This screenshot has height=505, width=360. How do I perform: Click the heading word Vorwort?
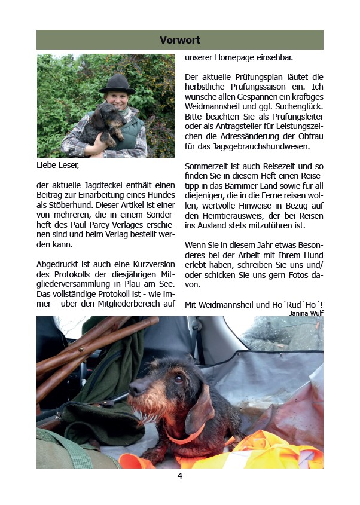tap(180, 40)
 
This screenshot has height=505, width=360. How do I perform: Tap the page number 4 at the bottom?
tap(179, 476)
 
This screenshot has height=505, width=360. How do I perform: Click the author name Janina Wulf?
tap(306, 313)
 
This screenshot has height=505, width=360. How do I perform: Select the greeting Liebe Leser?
tap(57, 164)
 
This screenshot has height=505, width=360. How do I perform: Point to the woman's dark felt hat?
tap(117, 83)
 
